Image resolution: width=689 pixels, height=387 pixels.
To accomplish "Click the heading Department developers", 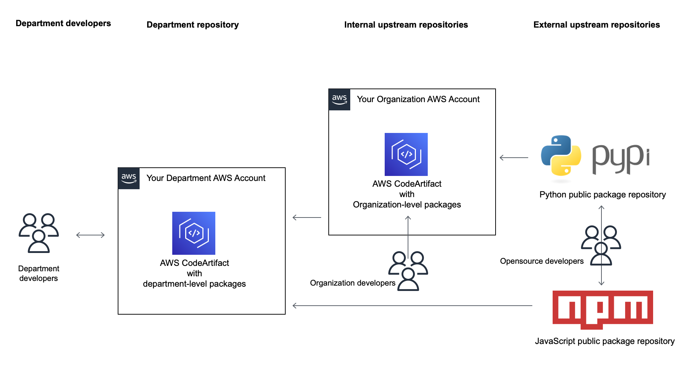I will (x=63, y=23).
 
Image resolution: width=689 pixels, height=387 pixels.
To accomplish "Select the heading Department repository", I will (x=192, y=25).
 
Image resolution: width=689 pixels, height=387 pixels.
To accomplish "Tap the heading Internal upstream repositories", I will (x=406, y=25).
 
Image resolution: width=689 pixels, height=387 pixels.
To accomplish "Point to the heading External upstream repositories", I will (x=596, y=25).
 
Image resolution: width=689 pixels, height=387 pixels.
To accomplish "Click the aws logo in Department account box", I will (x=129, y=178).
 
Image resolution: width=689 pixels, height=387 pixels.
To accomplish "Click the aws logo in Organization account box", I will (x=339, y=100).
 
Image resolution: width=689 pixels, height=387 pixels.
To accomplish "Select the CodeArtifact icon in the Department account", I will (x=194, y=233).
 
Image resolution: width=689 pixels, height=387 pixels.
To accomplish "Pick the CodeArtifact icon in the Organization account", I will (x=406, y=154).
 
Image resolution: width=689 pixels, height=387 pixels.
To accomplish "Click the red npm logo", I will (x=603, y=309).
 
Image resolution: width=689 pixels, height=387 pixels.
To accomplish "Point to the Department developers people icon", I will (x=39, y=233).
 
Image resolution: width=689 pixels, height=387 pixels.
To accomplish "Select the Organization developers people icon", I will (x=408, y=271).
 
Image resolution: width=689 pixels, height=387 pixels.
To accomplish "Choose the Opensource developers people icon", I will (x=601, y=245).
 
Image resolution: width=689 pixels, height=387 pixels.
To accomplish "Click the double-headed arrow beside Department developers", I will (x=90, y=235).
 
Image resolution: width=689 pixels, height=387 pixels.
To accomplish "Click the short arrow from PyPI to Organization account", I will (x=514, y=158).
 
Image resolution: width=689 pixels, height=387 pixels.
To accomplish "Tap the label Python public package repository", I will (x=603, y=195).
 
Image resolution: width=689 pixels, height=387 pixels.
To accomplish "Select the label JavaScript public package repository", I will (x=605, y=341).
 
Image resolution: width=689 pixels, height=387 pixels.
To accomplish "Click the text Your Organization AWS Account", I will (x=418, y=99).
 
